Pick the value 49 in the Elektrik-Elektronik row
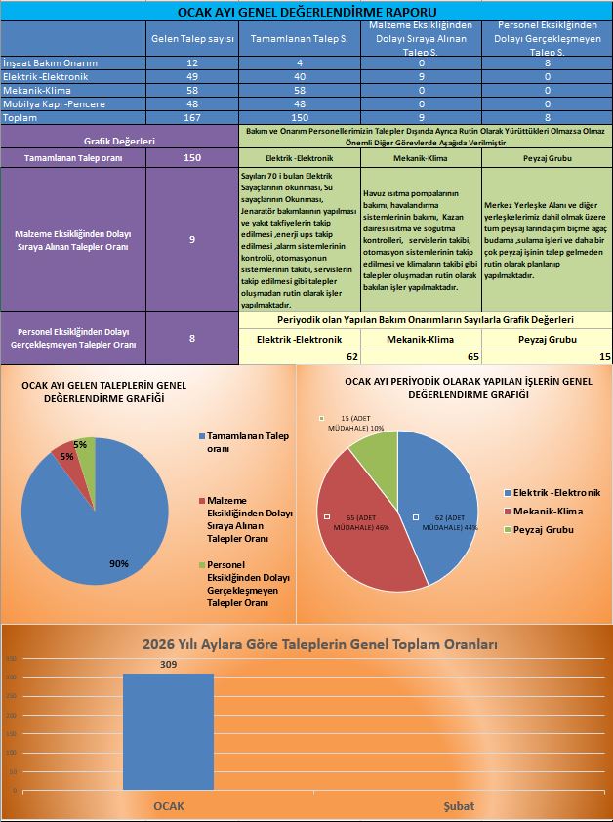tap(192, 76)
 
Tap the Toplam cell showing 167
tap(192, 117)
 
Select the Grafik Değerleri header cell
tap(119, 142)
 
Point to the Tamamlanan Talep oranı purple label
tap(67, 157)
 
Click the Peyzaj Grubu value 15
tap(605, 357)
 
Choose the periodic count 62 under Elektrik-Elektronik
tap(352, 357)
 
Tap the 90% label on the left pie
tap(118, 563)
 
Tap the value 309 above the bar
tap(168, 663)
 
